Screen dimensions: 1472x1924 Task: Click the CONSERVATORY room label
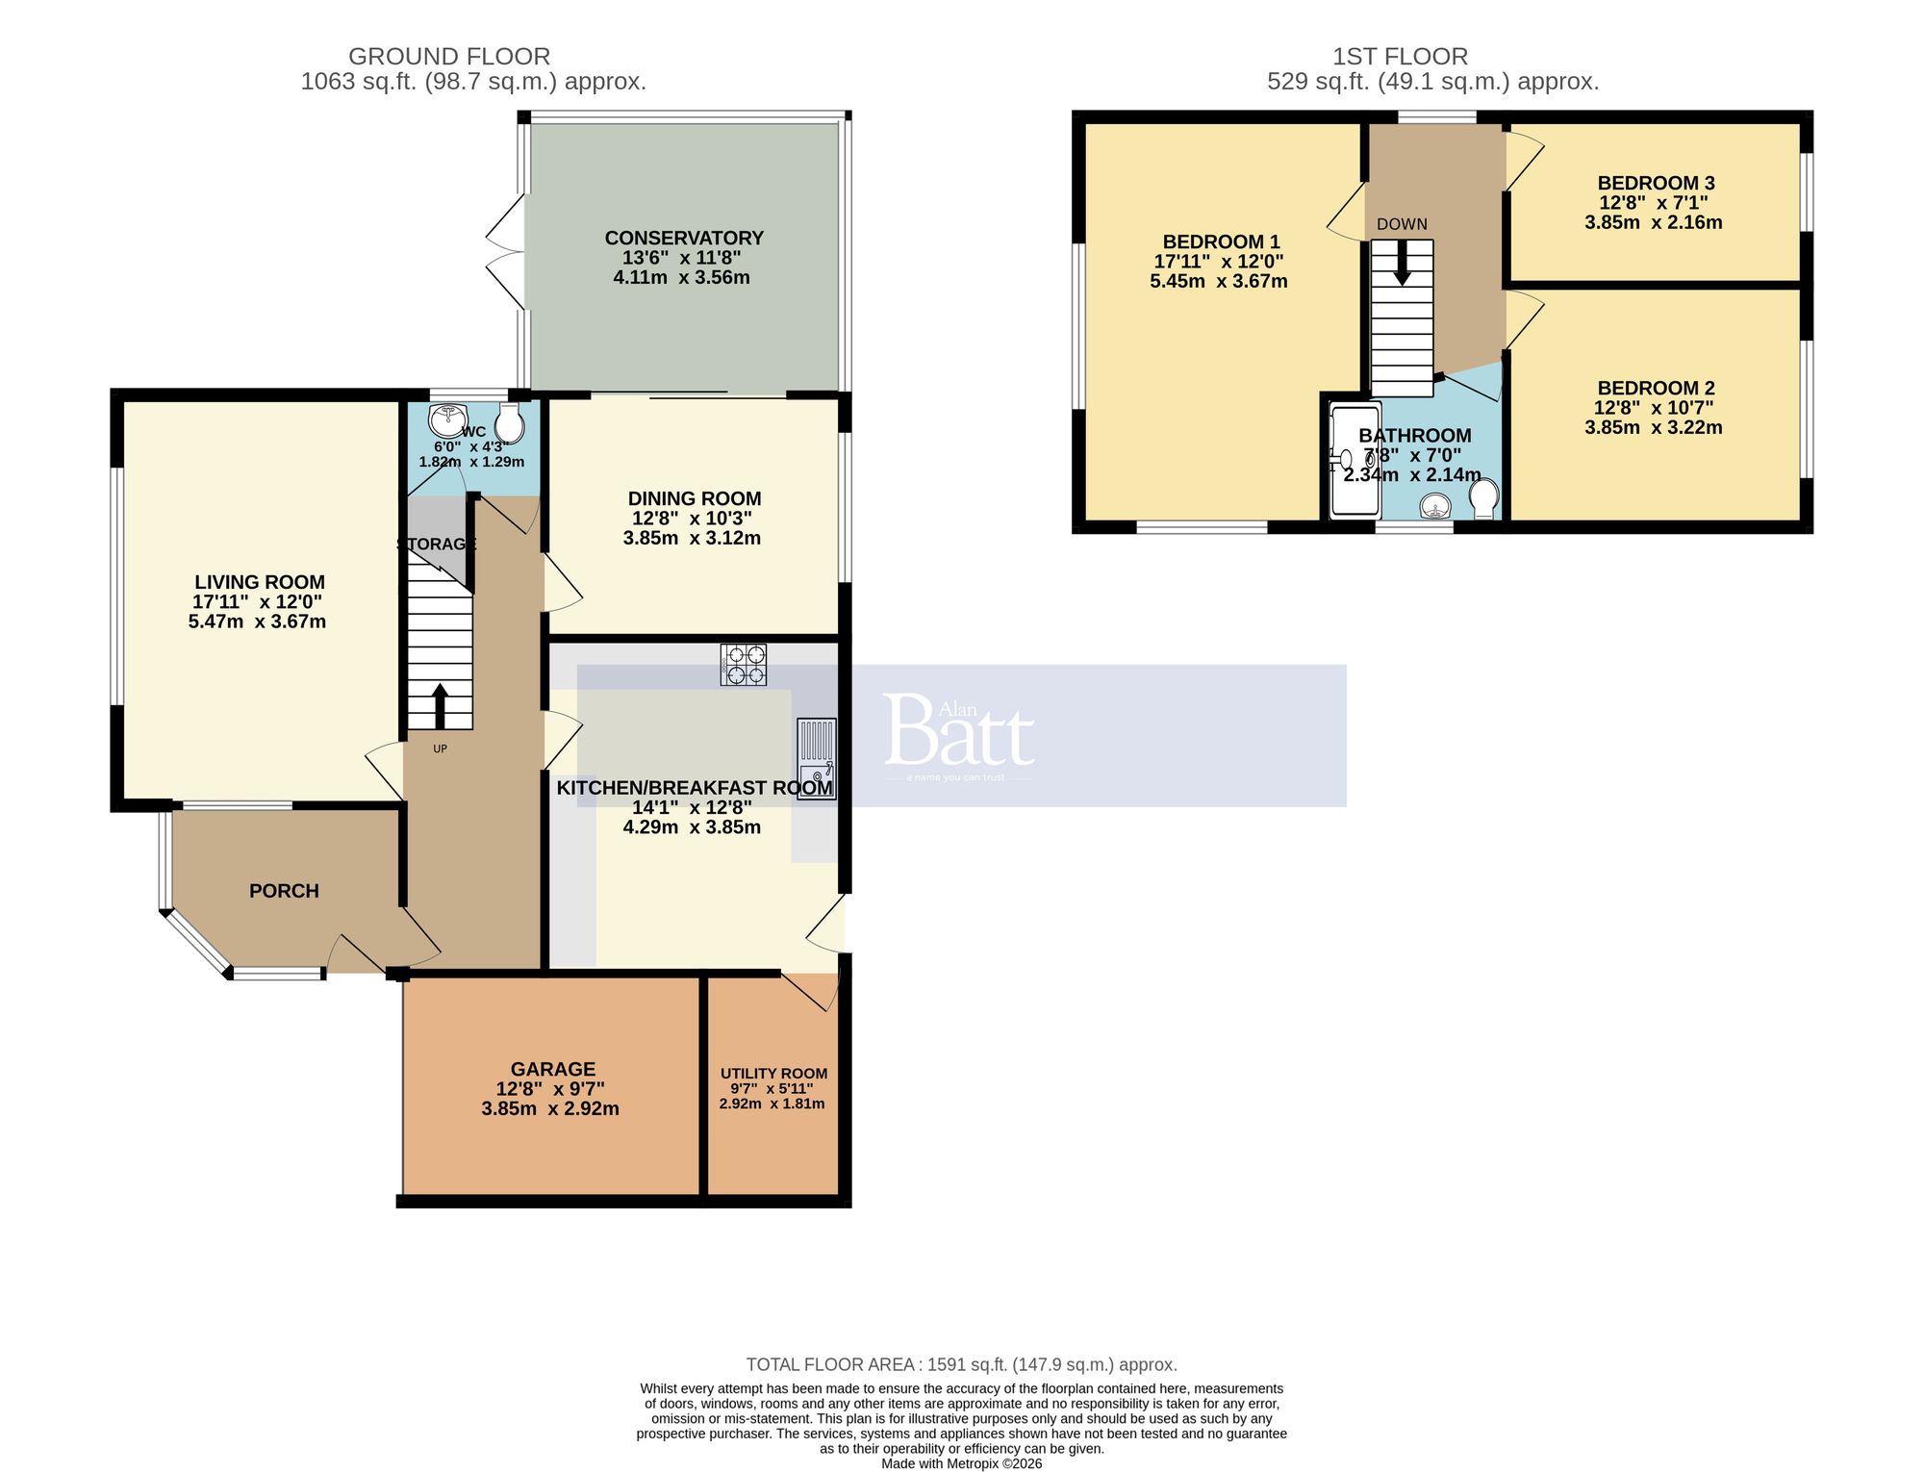[x=684, y=238]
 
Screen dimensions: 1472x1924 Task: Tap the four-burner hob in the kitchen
[x=744, y=664]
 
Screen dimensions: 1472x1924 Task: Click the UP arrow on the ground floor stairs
[x=440, y=705]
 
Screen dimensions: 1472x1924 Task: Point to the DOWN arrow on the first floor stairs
[x=1403, y=262]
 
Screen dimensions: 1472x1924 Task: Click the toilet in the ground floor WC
[x=510, y=423]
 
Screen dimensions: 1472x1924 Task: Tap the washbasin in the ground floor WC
[x=447, y=420]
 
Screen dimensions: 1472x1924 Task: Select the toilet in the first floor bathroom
[x=1484, y=498]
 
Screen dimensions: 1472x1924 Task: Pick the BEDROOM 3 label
[x=1656, y=183]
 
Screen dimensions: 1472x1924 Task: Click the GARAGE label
[x=552, y=1069]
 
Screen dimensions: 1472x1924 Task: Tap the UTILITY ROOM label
[x=773, y=1074]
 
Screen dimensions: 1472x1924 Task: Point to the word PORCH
[x=284, y=891]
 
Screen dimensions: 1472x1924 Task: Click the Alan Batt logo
[x=958, y=737]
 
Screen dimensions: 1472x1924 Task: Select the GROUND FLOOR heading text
[x=449, y=57]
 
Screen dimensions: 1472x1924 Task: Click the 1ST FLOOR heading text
[x=1400, y=57]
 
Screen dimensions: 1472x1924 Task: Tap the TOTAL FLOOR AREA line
[x=961, y=1364]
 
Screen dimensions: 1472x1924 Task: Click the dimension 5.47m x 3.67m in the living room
[x=257, y=622]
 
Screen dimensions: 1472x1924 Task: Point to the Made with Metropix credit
[x=961, y=1463]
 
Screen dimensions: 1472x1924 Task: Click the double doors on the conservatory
[x=508, y=252]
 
